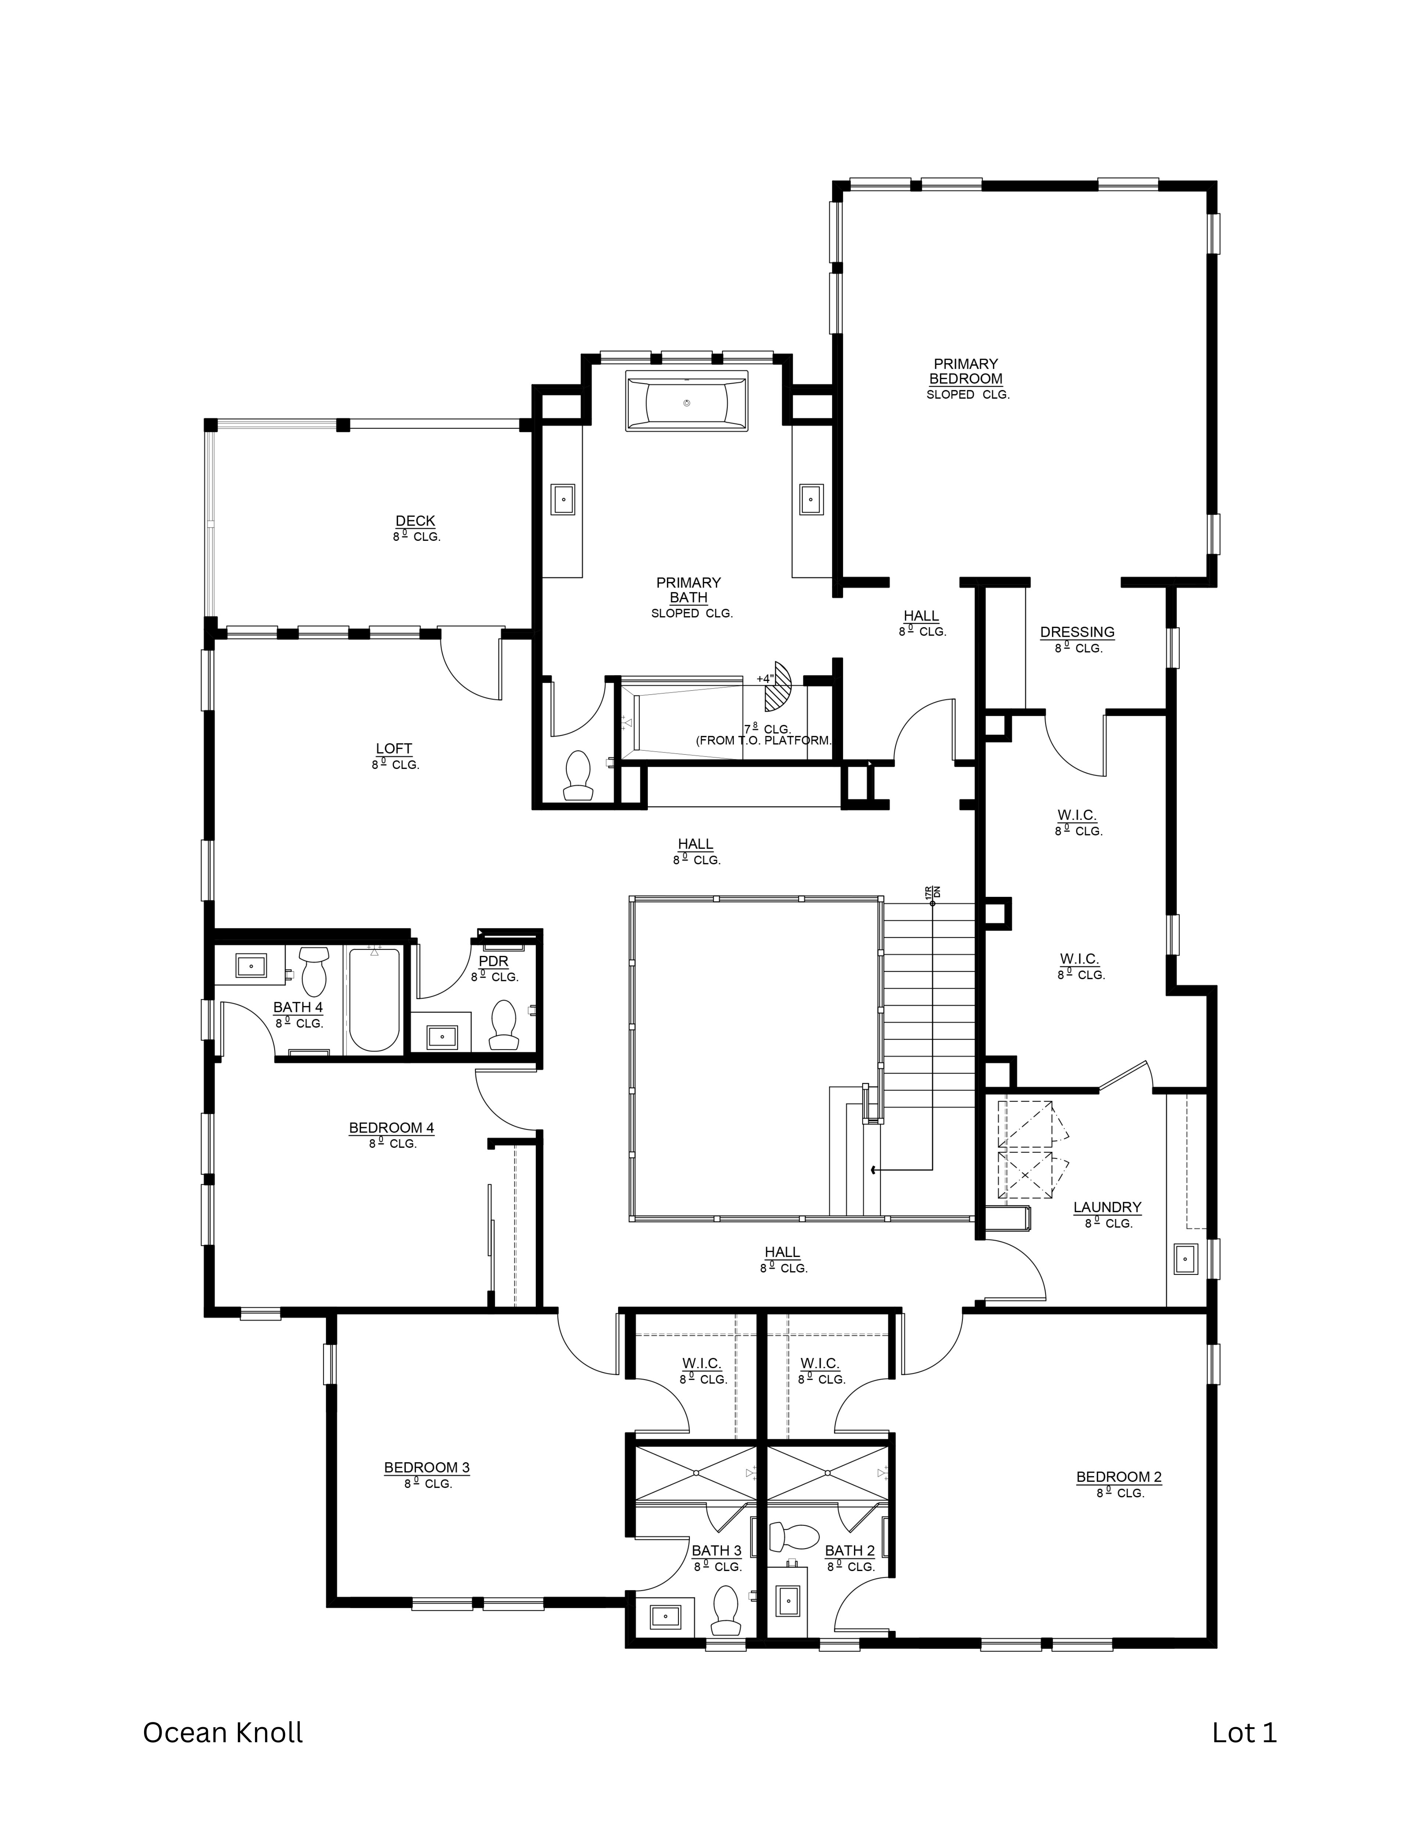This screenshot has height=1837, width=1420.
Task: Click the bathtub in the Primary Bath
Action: click(x=686, y=402)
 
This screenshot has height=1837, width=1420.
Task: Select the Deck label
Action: click(x=416, y=521)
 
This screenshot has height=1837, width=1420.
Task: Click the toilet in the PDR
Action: click(x=504, y=1024)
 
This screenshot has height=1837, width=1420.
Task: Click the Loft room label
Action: click(x=394, y=749)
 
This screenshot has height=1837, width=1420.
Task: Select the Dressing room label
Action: click(x=1077, y=632)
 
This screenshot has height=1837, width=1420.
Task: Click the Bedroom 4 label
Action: click(x=391, y=1128)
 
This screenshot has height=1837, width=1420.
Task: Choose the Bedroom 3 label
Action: click(x=427, y=1468)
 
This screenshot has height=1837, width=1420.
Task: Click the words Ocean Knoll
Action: click(x=223, y=1732)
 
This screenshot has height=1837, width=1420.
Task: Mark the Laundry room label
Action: click(x=1107, y=1207)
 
